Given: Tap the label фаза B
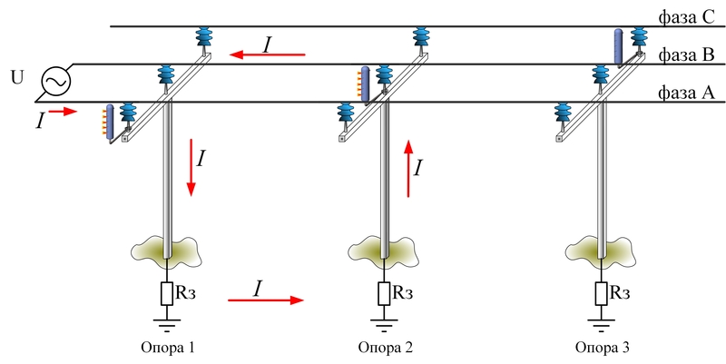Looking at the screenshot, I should click(x=688, y=55).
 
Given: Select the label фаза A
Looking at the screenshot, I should click(x=688, y=93).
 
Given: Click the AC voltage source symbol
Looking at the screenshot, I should click(x=54, y=84).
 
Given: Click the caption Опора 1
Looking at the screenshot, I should click(x=168, y=348).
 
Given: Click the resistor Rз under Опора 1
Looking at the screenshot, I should click(x=168, y=294).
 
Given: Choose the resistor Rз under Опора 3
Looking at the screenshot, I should click(x=602, y=294).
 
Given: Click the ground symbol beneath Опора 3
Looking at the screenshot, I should click(x=602, y=319).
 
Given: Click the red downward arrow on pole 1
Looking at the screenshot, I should click(x=191, y=168).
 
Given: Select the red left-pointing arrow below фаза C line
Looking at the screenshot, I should click(x=268, y=55).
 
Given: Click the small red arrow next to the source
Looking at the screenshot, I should click(x=63, y=112).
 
